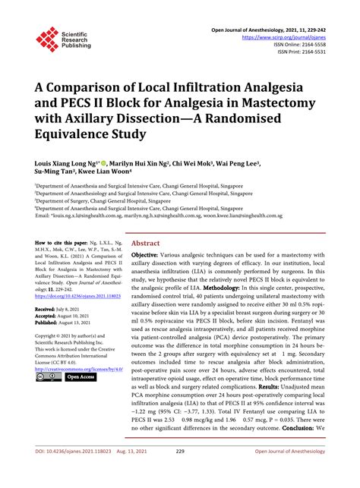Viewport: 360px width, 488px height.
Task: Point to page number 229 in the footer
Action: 180,472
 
